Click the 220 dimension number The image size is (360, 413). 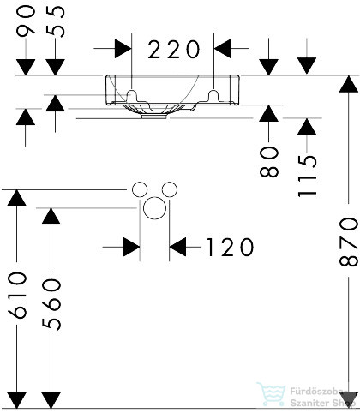(173, 50)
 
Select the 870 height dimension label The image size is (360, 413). (349, 242)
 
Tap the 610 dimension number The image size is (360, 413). (17, 295)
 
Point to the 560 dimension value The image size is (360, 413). (51, 304)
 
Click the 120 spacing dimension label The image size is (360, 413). (230, 247)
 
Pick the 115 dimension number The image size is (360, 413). (307, 176)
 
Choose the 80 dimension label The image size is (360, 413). (269, 161)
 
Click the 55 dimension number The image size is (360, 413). (56, 21)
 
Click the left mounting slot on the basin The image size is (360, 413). (132, 95)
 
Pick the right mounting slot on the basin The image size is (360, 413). (213, 95)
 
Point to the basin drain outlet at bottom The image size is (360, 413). (154, 117)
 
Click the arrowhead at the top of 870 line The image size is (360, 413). (349, 84)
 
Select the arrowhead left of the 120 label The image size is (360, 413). (177, 247)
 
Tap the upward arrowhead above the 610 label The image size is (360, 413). (16, 198)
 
